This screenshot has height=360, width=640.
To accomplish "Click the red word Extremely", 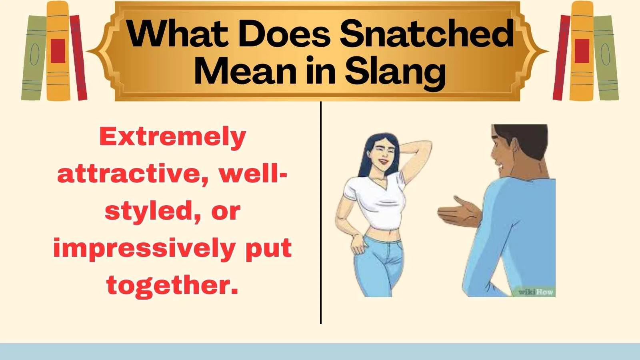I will pos(172,137).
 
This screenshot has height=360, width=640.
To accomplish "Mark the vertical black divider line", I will pos(321,212).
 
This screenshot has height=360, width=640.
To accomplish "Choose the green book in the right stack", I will pos(605,58).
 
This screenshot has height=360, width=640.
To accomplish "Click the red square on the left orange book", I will pos(58,51).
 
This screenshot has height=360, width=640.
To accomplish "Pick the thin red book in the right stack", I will pos(561,58).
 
